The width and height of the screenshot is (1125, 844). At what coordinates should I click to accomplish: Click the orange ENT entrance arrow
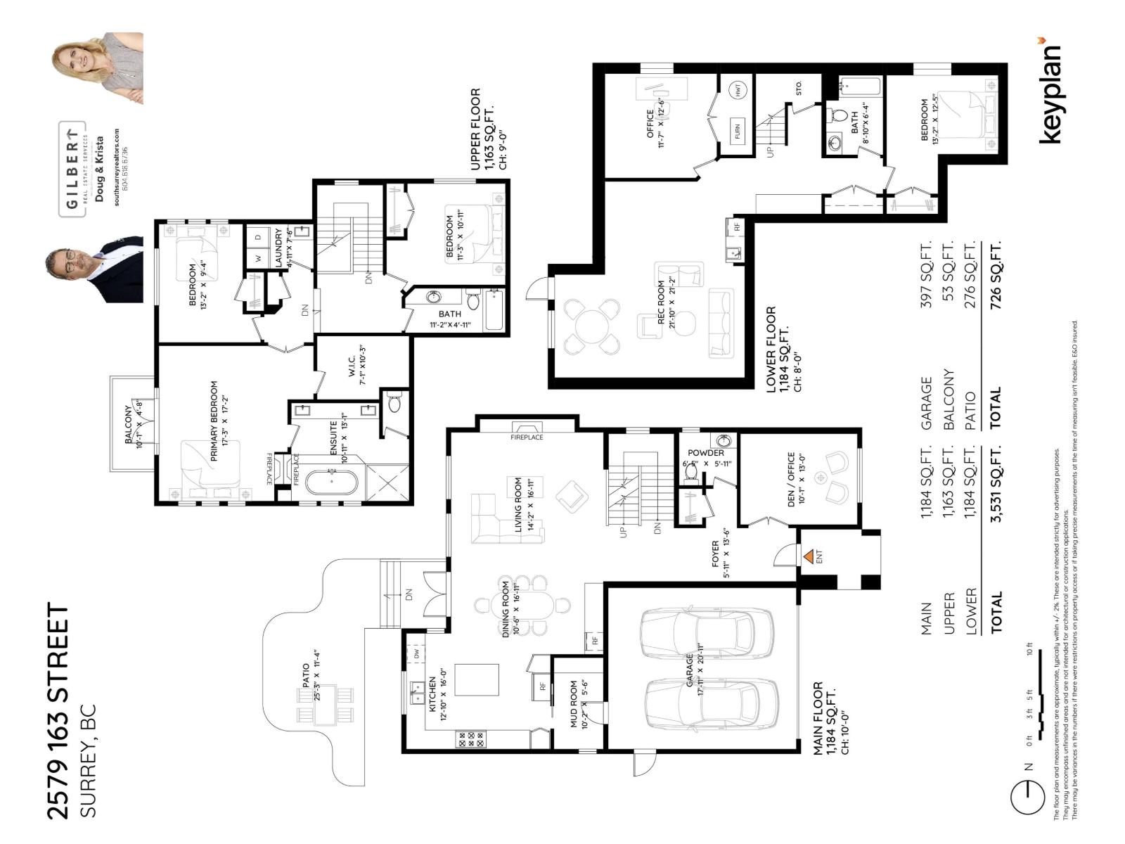coord(809,556)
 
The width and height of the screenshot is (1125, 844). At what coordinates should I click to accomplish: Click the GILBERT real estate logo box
coord(72,169)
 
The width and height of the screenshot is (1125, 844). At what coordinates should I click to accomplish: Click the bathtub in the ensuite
coord(331,482)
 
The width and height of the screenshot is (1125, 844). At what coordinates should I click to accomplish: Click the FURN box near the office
coord(738,131)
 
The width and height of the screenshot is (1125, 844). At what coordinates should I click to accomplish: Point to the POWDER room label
coord(705,453)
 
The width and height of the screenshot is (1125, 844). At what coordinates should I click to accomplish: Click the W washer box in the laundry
coord(258,258)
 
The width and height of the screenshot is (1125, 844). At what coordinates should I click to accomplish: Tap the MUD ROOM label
coord(574,703)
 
